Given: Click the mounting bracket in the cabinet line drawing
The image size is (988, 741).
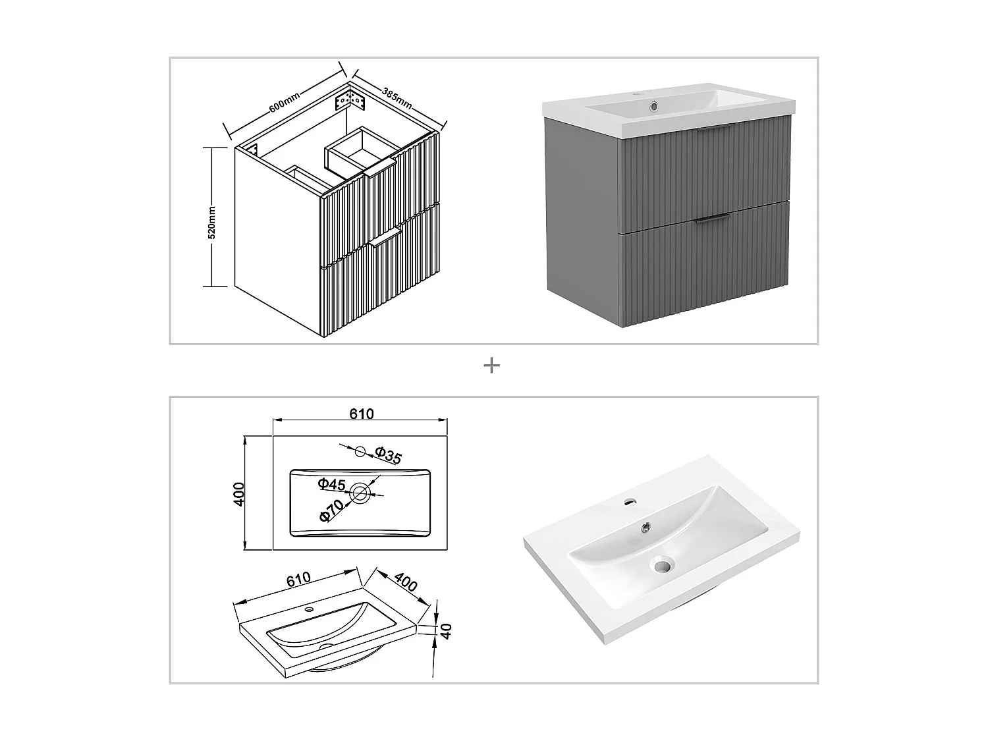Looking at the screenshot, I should click(348, 102).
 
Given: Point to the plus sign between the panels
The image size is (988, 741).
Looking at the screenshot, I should click(491, 366).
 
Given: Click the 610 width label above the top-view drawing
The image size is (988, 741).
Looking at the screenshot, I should click(361, 414).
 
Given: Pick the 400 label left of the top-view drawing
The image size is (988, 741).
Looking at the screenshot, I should click(239, 493).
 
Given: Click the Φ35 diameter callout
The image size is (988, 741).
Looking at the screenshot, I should click(388, 455).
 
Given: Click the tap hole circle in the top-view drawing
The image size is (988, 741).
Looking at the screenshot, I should click(360, 451).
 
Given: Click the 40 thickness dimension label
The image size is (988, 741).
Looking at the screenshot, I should click(446, 630).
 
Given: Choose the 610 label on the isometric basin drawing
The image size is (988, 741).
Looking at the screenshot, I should click(298, 580).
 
